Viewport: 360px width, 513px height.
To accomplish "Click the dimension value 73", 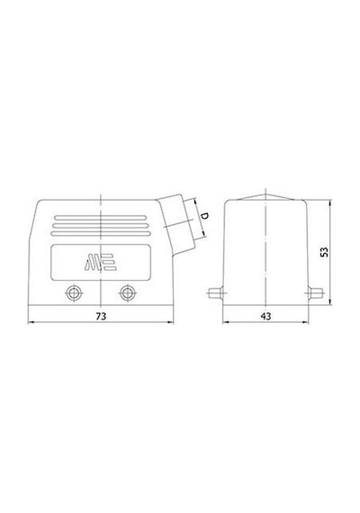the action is (101, 317).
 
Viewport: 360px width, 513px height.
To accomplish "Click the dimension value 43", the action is (265, 317).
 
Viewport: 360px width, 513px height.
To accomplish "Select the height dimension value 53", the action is (324, 252).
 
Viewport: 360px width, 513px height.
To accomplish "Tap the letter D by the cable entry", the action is (205, 216).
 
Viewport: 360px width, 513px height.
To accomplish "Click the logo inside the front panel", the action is (101, 263).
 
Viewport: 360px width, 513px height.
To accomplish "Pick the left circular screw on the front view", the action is (74, 292).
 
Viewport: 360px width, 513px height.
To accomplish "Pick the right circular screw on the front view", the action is (127, 292).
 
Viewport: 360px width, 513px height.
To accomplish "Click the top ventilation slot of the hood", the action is (101, 218).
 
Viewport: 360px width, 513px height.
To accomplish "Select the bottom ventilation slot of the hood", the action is (101, 234).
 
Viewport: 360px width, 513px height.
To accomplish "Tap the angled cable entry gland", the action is (176, 224).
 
